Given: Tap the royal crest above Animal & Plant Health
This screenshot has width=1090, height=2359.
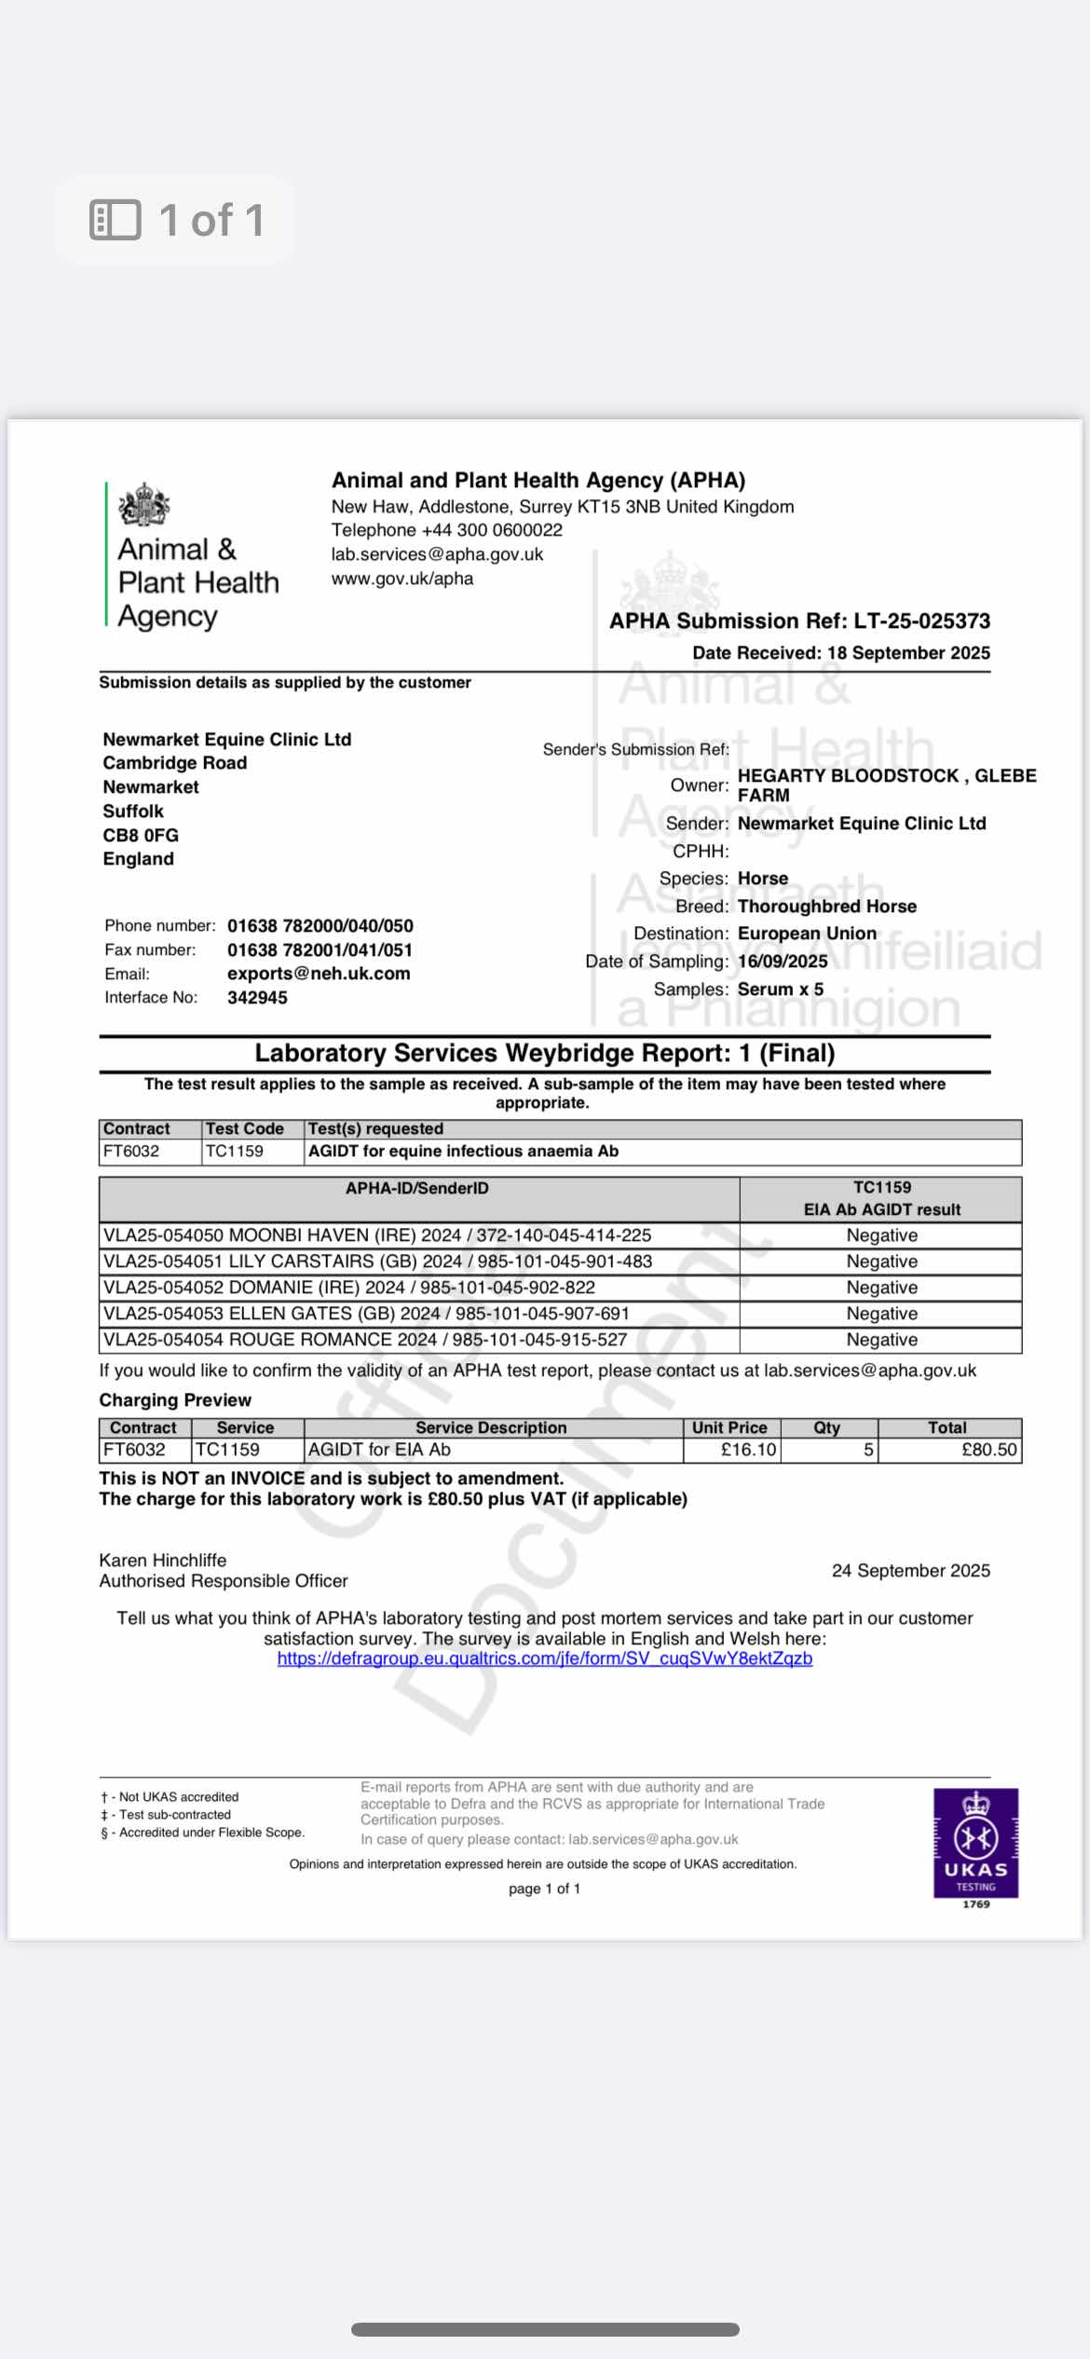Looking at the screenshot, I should [144, 505].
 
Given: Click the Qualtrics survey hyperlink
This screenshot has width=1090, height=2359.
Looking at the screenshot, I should [544, 1659].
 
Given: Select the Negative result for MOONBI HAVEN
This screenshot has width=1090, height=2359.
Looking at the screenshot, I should [881, 1235].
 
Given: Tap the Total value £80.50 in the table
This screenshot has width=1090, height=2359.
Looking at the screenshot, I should [988, 1450].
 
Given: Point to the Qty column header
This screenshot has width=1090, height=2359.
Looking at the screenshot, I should [826, 1427].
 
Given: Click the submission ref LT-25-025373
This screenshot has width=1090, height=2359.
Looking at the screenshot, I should [921, 621].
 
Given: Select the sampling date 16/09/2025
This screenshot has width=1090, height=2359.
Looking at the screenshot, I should [783, 961].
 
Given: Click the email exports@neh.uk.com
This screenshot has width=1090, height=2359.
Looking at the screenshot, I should [319, 974].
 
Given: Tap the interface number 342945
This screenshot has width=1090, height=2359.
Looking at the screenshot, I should [257, 998].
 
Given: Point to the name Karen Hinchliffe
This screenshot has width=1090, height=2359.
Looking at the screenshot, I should [163, 1560].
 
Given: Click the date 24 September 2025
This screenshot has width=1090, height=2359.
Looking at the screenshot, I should [910, 1571].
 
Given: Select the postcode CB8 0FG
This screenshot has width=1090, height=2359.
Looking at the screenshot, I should [141, 836].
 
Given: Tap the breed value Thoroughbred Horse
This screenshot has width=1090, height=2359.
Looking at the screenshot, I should [826, 907].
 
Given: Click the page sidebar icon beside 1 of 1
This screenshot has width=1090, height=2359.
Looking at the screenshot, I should [116, 220].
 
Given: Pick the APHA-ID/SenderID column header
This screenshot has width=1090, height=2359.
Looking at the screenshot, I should [417, 1189].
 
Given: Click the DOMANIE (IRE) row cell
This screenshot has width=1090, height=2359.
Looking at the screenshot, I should [349, 1288].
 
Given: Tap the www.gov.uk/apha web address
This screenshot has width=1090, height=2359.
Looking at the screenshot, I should [402, 579].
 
